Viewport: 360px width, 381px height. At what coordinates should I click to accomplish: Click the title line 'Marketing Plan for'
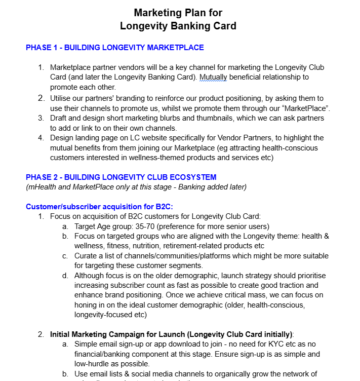[178, 12]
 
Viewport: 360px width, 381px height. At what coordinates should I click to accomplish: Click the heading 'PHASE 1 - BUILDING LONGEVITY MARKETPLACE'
[114, 48]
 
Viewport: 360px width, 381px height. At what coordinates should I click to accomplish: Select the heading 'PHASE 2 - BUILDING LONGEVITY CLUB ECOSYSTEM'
[121, 177]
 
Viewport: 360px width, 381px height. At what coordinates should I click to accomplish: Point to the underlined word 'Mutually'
[215, 77]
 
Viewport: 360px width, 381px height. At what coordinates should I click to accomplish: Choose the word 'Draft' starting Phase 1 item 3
[59, 118]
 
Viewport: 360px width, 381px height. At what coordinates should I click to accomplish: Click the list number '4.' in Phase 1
[41, 138]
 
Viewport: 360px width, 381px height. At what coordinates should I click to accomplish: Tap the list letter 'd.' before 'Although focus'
[65, 276]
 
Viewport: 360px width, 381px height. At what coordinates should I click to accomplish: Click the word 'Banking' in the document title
[194, 25]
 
